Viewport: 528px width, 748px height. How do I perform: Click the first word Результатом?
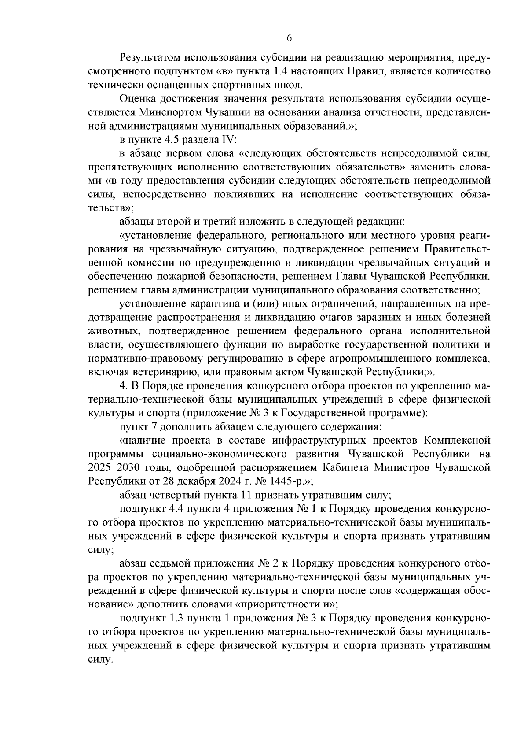point(149,58)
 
